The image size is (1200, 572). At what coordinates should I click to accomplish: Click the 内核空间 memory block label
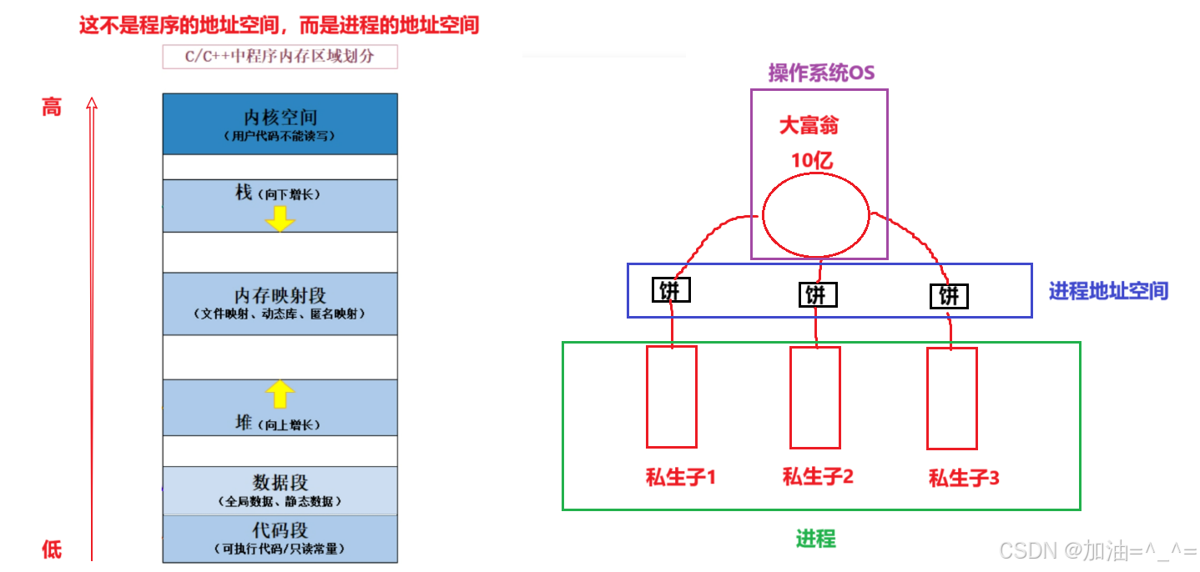click(x=280, y=118)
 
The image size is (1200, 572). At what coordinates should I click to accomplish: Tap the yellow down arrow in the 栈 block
click(x=280, y=218)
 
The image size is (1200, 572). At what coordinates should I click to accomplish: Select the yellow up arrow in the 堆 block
click(x=280, y=394)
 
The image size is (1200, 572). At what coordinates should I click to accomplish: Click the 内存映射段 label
click(x=280, y=295)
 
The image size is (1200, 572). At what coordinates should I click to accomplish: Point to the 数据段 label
click(x=280, y=482)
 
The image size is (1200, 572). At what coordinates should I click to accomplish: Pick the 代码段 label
click(x=280, y=530)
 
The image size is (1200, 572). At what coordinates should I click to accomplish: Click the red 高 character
click(x=52, y=107)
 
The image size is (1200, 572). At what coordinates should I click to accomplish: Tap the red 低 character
click(x=52, y=549)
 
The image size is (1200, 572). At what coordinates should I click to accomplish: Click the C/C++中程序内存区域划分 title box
click(x=280, y=57)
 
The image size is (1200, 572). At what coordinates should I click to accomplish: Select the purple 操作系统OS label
click(x=821, y=73)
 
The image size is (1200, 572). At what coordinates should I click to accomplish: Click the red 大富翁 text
click(x=809, y=126)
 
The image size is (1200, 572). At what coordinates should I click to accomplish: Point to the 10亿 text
click(x=812, y=160)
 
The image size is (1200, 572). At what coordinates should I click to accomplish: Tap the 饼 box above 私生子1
click(x=671, y=290)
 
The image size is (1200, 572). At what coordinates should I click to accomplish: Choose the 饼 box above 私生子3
click(x=949, y=296)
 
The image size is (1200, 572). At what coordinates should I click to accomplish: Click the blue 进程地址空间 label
click(x=1108, y=291)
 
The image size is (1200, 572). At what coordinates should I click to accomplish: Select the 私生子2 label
click(x=818, y=477)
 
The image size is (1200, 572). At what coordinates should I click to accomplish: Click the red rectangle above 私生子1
click(x=672, y=397)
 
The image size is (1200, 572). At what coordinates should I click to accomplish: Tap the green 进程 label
click(x=815, y=539)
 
